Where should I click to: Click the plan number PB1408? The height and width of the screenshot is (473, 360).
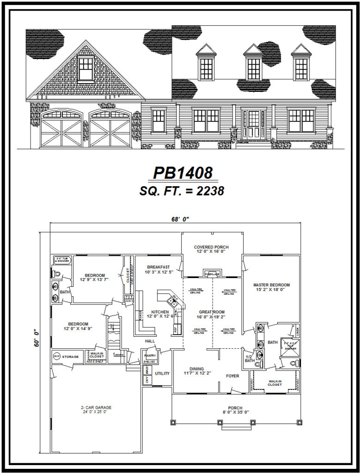click(x=183, y=173)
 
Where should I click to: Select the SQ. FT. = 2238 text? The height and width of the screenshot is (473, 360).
click(x=182, y=191)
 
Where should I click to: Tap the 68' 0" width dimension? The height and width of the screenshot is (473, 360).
click(x=180, y=220)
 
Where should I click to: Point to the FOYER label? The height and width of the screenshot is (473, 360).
click(x=232, y=376)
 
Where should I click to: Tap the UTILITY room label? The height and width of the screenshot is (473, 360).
click(x=162, y=373)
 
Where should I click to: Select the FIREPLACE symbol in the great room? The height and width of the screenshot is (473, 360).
click(x=212, y=273)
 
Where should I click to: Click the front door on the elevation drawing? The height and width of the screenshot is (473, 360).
click(x=254, y=124)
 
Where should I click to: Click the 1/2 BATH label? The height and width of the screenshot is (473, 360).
click(x=249, y=358)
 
